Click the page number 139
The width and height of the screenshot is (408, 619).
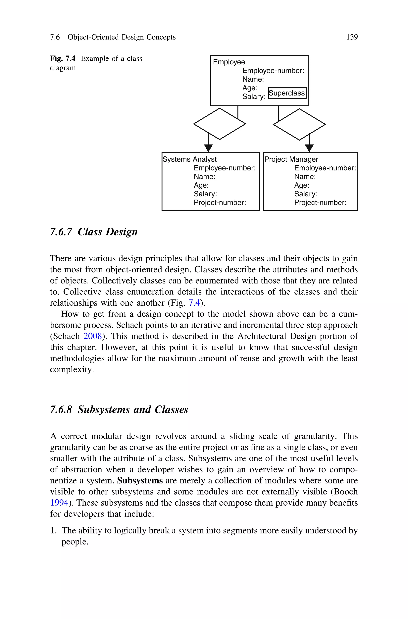352,37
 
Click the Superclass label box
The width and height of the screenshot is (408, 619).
287,93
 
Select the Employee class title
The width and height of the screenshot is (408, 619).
229,62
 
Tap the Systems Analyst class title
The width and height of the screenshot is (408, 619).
189,159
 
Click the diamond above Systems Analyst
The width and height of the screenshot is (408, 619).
220,124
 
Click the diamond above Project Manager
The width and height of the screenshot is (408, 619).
299,124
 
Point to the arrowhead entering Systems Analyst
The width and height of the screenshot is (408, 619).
208,148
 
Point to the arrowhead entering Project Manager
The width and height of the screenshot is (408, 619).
309,148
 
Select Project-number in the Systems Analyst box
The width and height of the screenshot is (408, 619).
220,203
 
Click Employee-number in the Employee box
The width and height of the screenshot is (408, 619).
273,71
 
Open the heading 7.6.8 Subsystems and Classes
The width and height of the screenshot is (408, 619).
119,409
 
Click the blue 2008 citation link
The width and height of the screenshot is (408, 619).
92,336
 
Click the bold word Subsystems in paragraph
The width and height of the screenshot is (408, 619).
140,480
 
